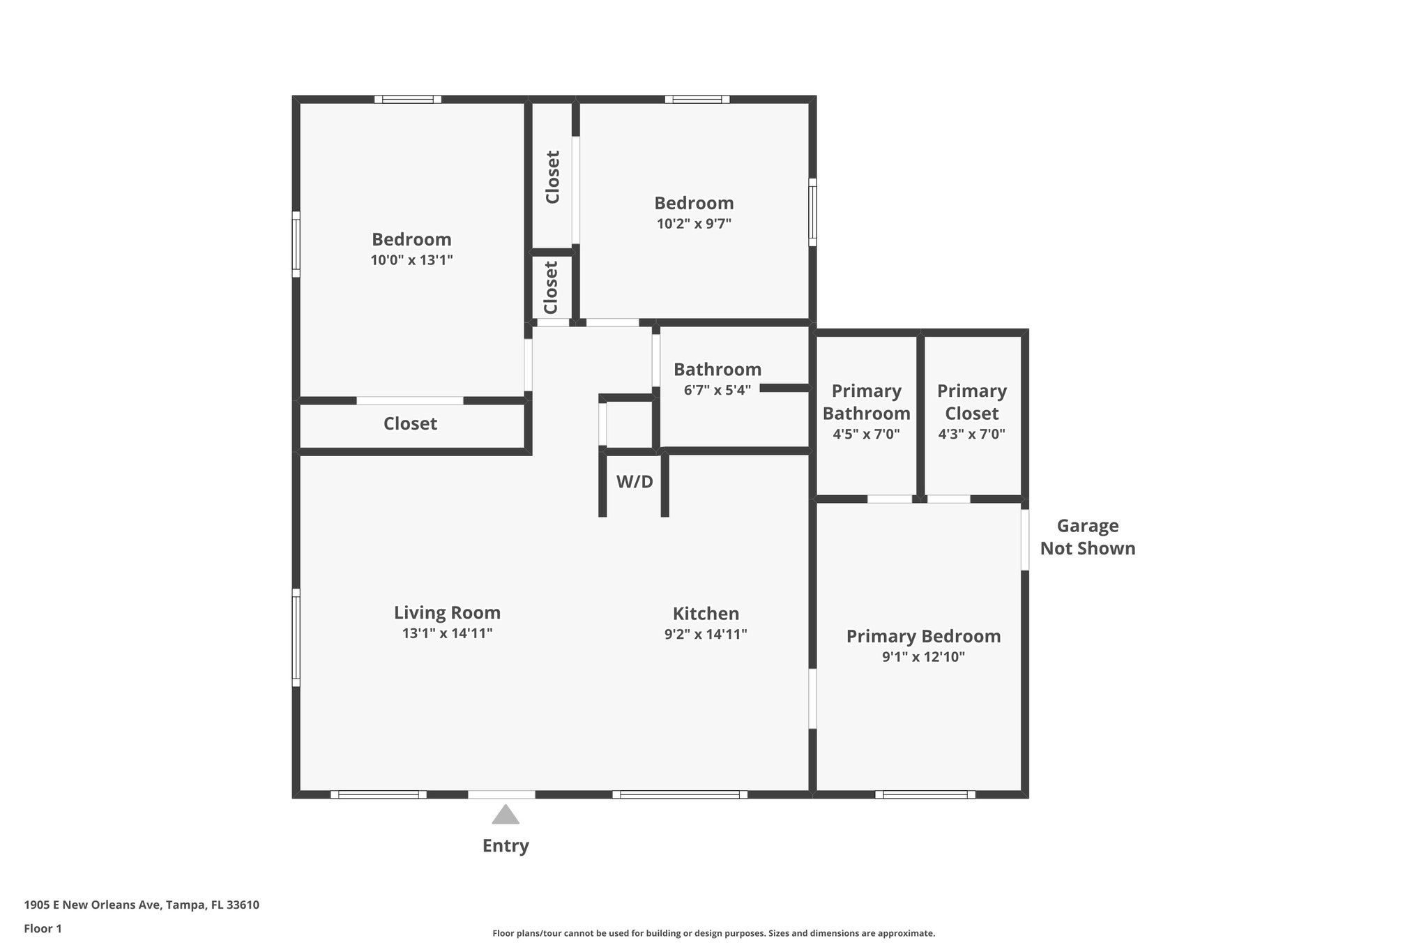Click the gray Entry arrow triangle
(506, 815)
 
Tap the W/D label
(635, 481)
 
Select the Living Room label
(447, 612)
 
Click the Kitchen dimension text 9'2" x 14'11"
(706, 634)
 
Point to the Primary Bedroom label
(923, 636)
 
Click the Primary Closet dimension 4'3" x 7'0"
(972, 434)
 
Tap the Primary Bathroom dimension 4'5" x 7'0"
(866, 434)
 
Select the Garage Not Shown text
(1088, 537)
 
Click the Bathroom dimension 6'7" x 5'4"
(717, 390)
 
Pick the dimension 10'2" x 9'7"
(694, 224)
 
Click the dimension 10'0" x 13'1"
(411, 260)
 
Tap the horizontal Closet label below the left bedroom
(410, 423)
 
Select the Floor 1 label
(43, 928)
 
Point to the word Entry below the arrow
(506, 846)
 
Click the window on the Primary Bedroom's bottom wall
(925, 794)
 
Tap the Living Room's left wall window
(296, 637)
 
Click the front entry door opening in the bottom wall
(501, 794)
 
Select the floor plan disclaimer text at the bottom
(713, 933)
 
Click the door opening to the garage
(1025, 540)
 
